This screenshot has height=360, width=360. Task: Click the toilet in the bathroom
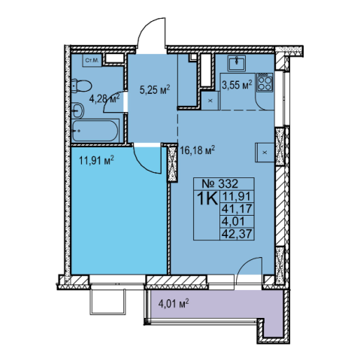point(81,86)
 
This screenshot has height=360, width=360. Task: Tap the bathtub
point(95,131)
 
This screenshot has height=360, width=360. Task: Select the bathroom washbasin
point(77,110)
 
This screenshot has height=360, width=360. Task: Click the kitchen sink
point(236,62)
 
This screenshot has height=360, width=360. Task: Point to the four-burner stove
point(265,82)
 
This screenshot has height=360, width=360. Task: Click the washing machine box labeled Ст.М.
point(92,60)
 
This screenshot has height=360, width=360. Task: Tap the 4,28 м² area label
point(104,98)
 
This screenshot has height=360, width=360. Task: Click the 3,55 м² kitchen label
point(237,85)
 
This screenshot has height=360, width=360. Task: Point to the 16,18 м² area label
point(198,151)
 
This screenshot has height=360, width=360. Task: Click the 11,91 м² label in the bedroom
point(97,160)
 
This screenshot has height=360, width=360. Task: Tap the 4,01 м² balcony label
point(174,304)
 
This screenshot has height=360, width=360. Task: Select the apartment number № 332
point(220,184)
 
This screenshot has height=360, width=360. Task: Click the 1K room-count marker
point(207,199)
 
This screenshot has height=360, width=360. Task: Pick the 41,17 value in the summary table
point(237,209)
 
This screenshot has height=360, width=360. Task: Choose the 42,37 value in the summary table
point(237,234)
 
